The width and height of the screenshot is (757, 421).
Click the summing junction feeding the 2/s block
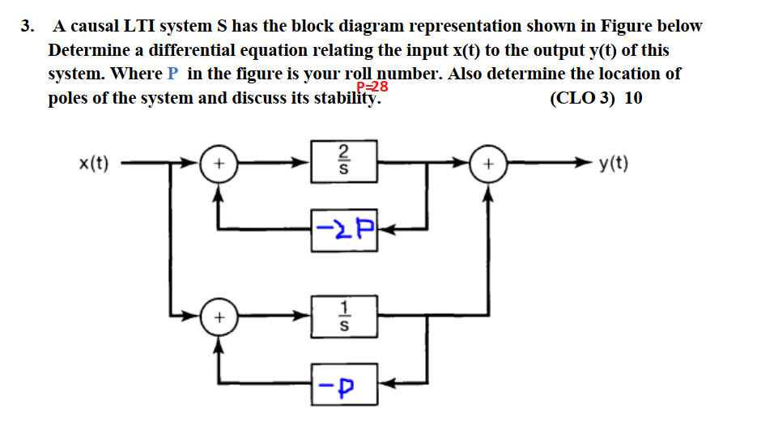[x=216, y=162]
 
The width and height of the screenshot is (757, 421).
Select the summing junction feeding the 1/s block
[x=216, y=319]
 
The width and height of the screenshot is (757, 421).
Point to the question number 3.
[x=27, y=26]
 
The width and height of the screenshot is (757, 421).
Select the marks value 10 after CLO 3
[x=634, y=99]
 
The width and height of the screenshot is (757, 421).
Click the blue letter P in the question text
[x=172, y=74]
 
